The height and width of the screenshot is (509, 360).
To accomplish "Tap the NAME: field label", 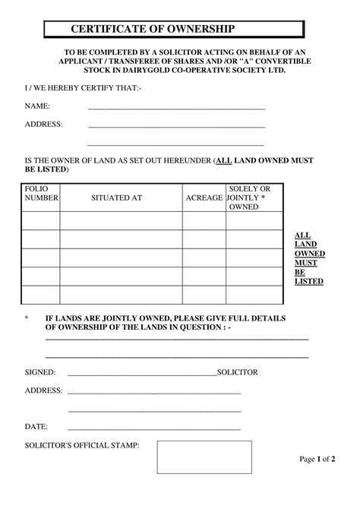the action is point(38,106).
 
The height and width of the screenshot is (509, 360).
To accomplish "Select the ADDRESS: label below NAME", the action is point(44,124).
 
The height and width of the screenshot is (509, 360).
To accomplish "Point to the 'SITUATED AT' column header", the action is point(116,198).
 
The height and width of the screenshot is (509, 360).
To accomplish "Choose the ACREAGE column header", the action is point(204,198).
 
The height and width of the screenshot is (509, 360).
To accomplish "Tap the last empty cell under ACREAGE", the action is point(204,294).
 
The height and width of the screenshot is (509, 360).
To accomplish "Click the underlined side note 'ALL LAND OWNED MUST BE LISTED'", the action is point(309,258).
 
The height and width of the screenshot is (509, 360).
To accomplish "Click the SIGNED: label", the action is point(40,372).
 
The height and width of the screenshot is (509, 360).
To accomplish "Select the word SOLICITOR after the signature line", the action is point(238,372).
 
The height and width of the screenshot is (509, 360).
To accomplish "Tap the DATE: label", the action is point(36,426).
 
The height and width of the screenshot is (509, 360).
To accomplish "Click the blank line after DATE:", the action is point(154,428).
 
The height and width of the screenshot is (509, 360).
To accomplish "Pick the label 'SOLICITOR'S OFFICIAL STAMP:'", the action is point(82,444).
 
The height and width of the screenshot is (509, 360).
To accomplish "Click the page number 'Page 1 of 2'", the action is point(317,460).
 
